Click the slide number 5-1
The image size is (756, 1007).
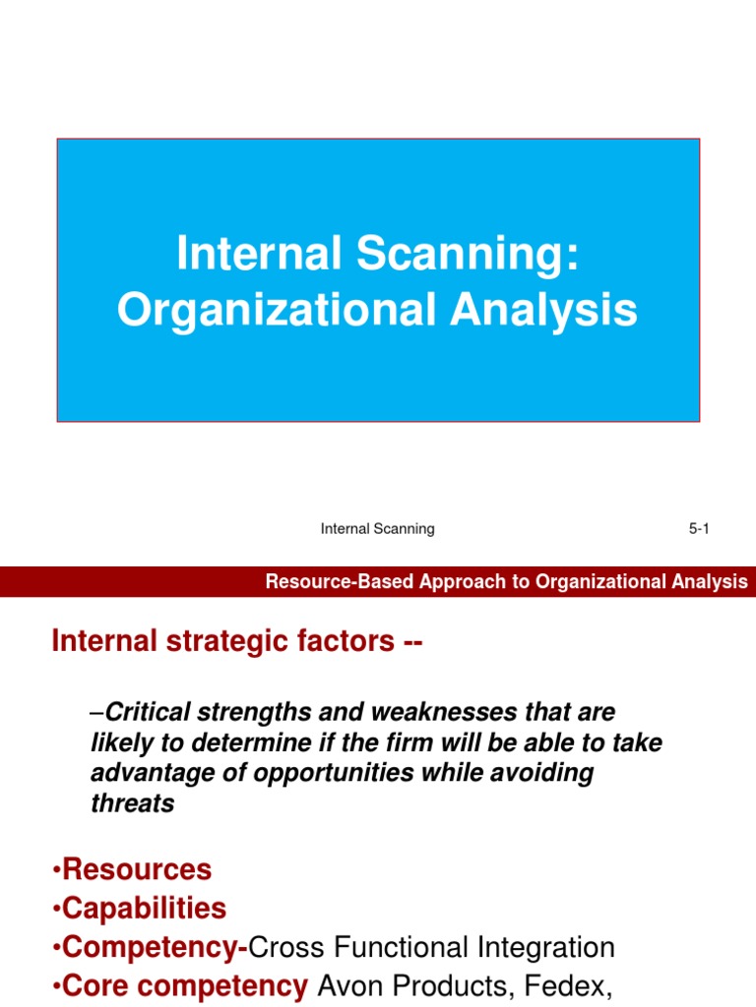699,529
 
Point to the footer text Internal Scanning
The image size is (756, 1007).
378,529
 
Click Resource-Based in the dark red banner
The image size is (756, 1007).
340,582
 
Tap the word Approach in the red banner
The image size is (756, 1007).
467,582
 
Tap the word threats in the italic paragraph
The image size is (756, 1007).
132,802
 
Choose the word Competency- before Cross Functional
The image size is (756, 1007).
153,948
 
